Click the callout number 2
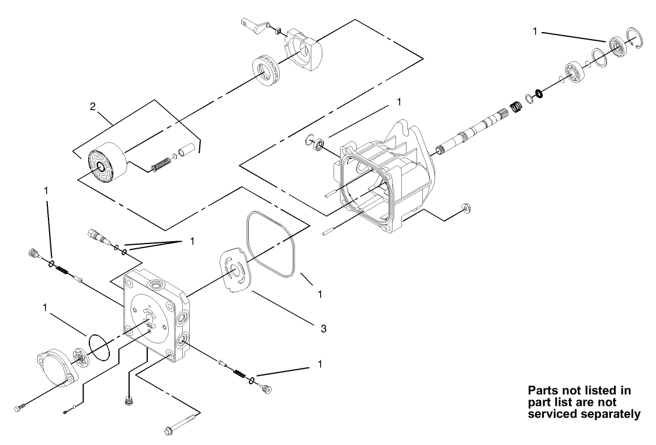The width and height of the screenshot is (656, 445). [92, 106]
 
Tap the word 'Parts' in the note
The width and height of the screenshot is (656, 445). [543, 390]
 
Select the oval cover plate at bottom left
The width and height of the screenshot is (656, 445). [57, 368]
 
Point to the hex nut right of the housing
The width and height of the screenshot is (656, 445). [466, 207]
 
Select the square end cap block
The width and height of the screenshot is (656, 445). [155, 315]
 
